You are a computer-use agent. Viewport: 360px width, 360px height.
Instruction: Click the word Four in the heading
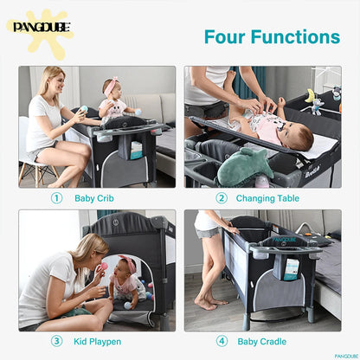pos(228,37)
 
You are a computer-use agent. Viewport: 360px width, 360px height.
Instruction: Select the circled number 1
pos(56,198)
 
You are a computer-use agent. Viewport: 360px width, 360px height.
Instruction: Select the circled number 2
pos(221,198)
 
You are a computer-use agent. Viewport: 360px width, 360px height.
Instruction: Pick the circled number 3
pos(56,342)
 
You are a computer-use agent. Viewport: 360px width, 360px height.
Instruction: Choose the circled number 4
pos(221,342)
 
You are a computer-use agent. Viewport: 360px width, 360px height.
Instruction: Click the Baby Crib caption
pos(94,198)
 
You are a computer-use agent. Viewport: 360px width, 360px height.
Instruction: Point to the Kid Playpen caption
pos(98,342)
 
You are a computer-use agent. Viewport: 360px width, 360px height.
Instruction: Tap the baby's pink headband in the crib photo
pos(112,87)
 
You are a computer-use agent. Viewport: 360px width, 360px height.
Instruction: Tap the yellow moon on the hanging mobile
pos(309,94)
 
